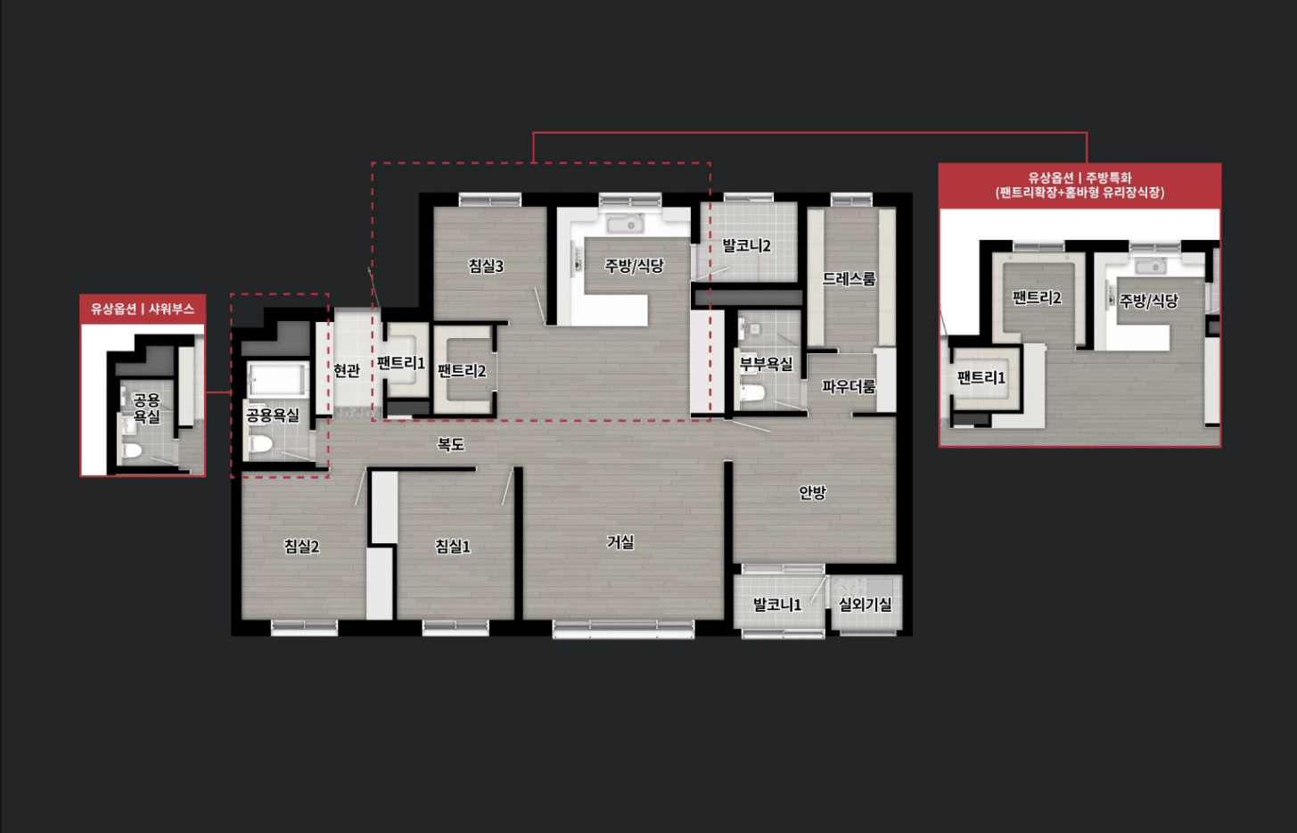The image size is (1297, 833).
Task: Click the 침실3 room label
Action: (486, 266)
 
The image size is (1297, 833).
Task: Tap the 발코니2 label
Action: (746, 245)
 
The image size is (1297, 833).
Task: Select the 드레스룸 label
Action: (849, 278)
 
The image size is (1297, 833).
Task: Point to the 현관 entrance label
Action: (347, 369)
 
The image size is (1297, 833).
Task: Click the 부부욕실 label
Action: (766, 364)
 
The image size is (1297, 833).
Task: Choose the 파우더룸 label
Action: (849, 386)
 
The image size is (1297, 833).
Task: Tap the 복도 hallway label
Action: (450, 444)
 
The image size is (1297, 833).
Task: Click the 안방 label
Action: (812, 492)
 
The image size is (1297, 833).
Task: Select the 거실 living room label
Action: (620, 542)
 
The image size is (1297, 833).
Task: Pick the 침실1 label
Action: (453, 546)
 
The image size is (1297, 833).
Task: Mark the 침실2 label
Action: (301, 546)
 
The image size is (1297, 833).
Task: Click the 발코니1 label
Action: (777, 605)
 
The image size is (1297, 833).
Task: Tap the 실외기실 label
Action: (866, 604)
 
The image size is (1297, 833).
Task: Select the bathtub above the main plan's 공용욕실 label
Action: (277, 380)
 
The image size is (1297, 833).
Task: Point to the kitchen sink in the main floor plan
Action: (625, 224)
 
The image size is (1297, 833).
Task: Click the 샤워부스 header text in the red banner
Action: (171, 309)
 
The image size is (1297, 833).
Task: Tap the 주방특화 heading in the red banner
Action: (1108, 177)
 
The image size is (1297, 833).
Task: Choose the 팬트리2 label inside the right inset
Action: (1037, 298)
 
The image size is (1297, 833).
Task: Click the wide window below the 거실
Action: (624, 629)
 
